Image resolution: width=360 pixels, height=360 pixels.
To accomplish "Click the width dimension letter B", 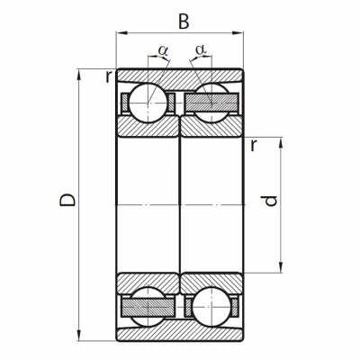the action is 184,22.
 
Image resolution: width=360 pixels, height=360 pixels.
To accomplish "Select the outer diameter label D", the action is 67,200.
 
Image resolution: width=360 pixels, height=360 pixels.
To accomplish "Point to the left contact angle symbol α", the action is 163,50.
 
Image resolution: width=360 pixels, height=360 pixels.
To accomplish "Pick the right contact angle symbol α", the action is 201,49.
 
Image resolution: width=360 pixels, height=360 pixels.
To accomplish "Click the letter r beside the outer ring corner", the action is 109,77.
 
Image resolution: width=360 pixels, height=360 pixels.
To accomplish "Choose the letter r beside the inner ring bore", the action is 254,145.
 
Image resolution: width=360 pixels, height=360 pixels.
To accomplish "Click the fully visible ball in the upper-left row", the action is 148,103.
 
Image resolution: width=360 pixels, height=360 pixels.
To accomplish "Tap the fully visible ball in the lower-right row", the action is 211,307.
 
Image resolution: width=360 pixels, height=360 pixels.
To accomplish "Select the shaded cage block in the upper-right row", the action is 211,102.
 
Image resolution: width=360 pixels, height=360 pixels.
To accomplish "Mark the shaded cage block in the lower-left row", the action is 148,308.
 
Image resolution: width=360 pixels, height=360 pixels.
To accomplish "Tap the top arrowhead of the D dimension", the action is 79,75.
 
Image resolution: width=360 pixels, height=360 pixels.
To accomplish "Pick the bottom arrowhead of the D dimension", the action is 79,335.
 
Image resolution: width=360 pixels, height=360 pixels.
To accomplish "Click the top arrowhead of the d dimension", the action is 281,143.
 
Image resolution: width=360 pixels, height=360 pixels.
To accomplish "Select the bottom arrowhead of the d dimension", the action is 281,267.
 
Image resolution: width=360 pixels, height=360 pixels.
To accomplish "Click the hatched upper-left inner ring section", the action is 148,127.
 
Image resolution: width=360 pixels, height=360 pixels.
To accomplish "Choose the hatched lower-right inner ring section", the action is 211,283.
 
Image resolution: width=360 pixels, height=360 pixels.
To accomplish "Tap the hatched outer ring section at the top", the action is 179,77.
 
